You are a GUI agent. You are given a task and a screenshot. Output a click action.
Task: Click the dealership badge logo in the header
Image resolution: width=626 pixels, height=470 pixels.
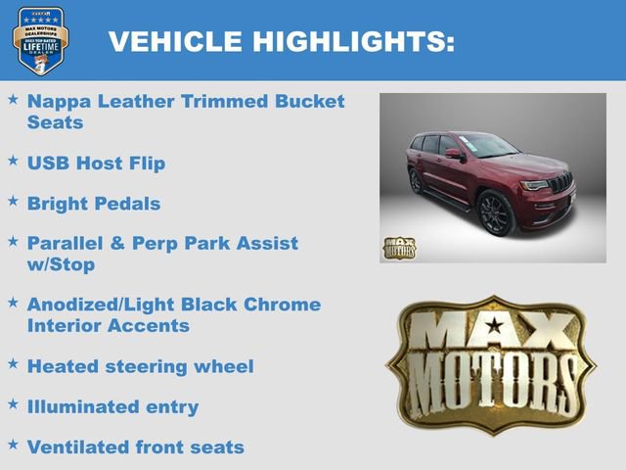coord(40,40)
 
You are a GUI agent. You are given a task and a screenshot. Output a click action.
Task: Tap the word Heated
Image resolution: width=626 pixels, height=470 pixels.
coord(63,366)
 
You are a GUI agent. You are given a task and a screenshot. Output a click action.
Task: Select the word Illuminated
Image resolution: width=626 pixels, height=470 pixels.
coord(86,406)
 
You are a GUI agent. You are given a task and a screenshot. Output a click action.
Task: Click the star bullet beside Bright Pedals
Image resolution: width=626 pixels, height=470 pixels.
coord(13,202)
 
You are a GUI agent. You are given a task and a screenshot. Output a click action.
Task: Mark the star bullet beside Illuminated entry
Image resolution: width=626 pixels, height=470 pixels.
coord(13,403)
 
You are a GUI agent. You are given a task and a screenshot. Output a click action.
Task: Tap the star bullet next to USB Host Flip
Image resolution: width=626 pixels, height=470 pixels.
coord(13,161)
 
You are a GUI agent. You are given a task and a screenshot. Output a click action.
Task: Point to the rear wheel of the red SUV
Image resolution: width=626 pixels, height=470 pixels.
coord(415,181)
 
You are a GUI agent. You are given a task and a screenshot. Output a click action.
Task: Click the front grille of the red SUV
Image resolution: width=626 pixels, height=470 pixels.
coord(560,184)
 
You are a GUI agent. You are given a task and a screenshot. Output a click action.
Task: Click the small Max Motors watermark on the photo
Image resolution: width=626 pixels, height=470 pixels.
coord(398,248)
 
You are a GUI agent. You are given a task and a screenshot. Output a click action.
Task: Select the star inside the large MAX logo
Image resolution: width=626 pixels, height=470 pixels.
coord(494,326)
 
